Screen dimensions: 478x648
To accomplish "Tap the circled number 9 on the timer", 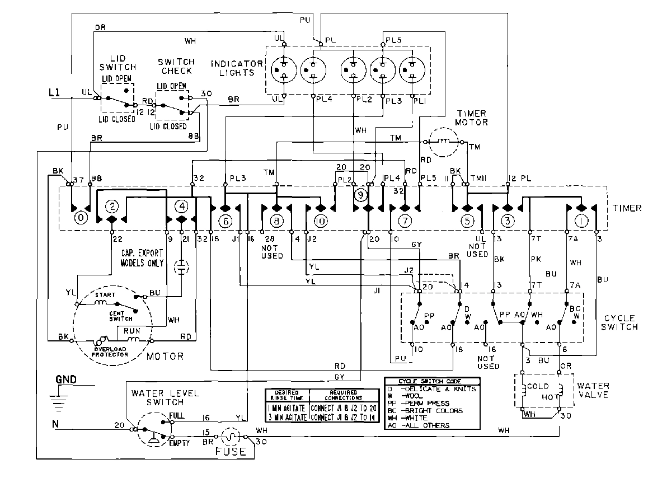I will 361,195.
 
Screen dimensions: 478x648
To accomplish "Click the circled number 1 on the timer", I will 582,221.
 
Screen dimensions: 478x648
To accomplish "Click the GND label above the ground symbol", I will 66,379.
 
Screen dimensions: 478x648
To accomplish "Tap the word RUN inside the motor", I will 133,331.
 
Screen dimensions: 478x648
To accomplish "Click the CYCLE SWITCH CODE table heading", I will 431,381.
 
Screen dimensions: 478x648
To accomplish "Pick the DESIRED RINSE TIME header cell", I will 287,394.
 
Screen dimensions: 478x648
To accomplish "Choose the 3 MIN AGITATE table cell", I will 287,418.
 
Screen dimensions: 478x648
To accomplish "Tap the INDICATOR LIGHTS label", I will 236,68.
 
